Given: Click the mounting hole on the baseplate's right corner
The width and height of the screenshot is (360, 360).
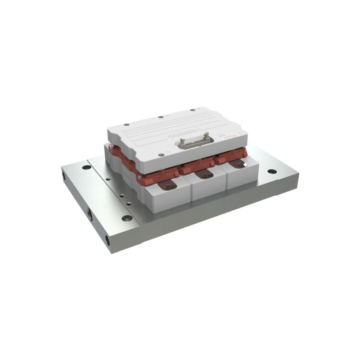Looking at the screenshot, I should click(271, 171).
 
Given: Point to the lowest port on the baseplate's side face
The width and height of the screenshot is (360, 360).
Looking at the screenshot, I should click(108, 241).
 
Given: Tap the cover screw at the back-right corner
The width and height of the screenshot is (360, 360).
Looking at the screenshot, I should click(192, 110).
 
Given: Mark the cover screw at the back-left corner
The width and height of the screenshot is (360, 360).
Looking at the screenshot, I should click(126, 125).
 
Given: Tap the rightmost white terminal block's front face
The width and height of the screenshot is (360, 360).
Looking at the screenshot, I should click(241, 179).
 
